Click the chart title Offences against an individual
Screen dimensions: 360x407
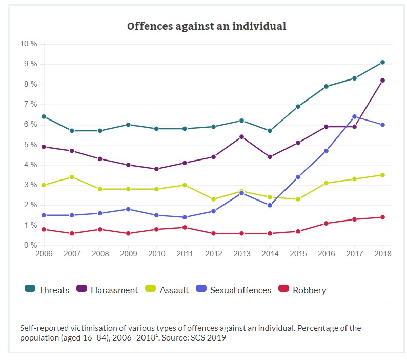[207, 26]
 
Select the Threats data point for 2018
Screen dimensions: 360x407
[382, 63]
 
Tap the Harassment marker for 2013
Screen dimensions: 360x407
[241, 137]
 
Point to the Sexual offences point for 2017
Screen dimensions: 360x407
[354, 117]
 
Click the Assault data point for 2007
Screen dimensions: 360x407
[72, 177]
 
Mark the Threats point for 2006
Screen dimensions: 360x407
[44, 117]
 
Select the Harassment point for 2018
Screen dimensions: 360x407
[382, 81]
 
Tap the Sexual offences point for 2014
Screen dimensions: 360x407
[270, 205]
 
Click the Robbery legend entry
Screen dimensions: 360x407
[303, 290]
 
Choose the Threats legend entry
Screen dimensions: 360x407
[47, 290]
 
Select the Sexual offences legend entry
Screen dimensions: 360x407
[233, 290]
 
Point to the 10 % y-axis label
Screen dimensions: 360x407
[29, 44]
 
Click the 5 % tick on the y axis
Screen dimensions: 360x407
[30, 145]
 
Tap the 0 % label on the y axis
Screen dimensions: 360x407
[30, 245]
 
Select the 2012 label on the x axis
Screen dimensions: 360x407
[213, 254]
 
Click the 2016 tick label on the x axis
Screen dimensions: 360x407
[326, 254]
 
